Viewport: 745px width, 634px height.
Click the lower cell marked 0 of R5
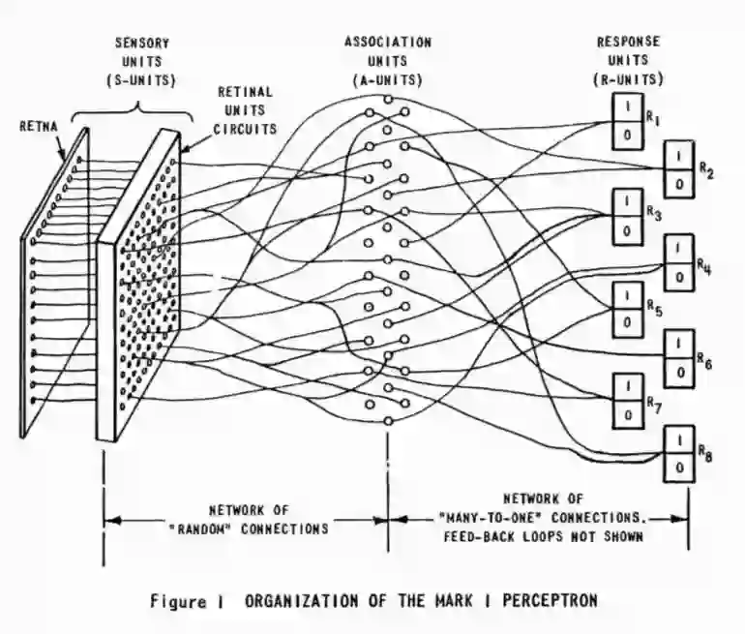tap(626, 321)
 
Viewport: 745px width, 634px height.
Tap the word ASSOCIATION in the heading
tap(388, 43)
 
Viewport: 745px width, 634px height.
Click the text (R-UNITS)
tap(630, 78)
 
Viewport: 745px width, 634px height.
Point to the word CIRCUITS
tap(246, 129)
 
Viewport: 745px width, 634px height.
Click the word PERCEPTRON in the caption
tap(540, 601)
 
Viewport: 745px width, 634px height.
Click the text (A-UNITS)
tap(388, 78)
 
